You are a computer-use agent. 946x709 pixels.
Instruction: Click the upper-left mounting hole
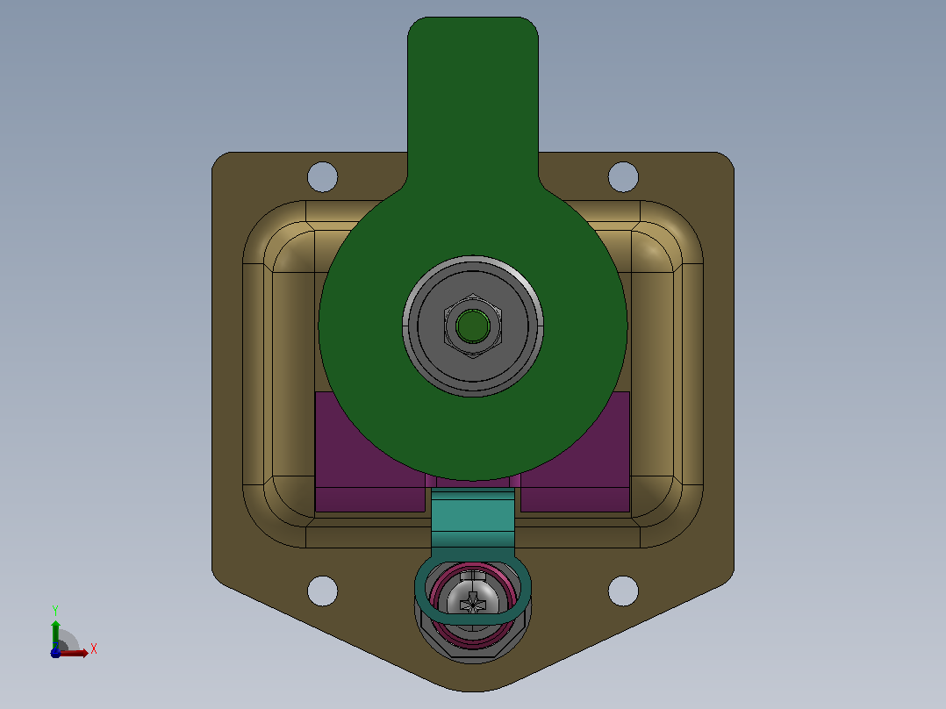322,176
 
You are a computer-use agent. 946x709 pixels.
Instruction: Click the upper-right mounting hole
623,176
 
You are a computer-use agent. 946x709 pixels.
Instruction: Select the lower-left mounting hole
322,591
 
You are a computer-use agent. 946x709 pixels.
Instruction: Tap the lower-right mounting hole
623,591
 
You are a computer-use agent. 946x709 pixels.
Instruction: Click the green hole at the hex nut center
472,326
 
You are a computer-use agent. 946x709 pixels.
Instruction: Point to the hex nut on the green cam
472,326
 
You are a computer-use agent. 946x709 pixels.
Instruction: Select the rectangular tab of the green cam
473,97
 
